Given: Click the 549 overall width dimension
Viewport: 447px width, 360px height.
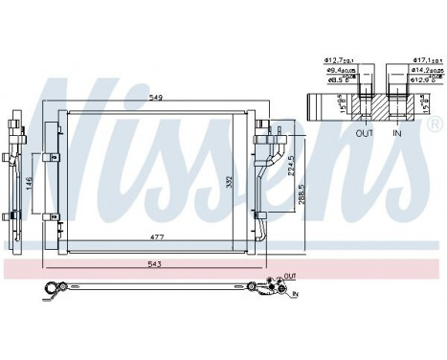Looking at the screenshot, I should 154,97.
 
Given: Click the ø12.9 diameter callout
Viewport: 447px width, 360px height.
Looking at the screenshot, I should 424,80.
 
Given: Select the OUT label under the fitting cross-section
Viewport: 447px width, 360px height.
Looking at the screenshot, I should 365,134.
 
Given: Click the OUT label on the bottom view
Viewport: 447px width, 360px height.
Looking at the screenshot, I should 289,276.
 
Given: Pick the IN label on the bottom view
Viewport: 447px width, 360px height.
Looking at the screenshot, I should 296,292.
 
